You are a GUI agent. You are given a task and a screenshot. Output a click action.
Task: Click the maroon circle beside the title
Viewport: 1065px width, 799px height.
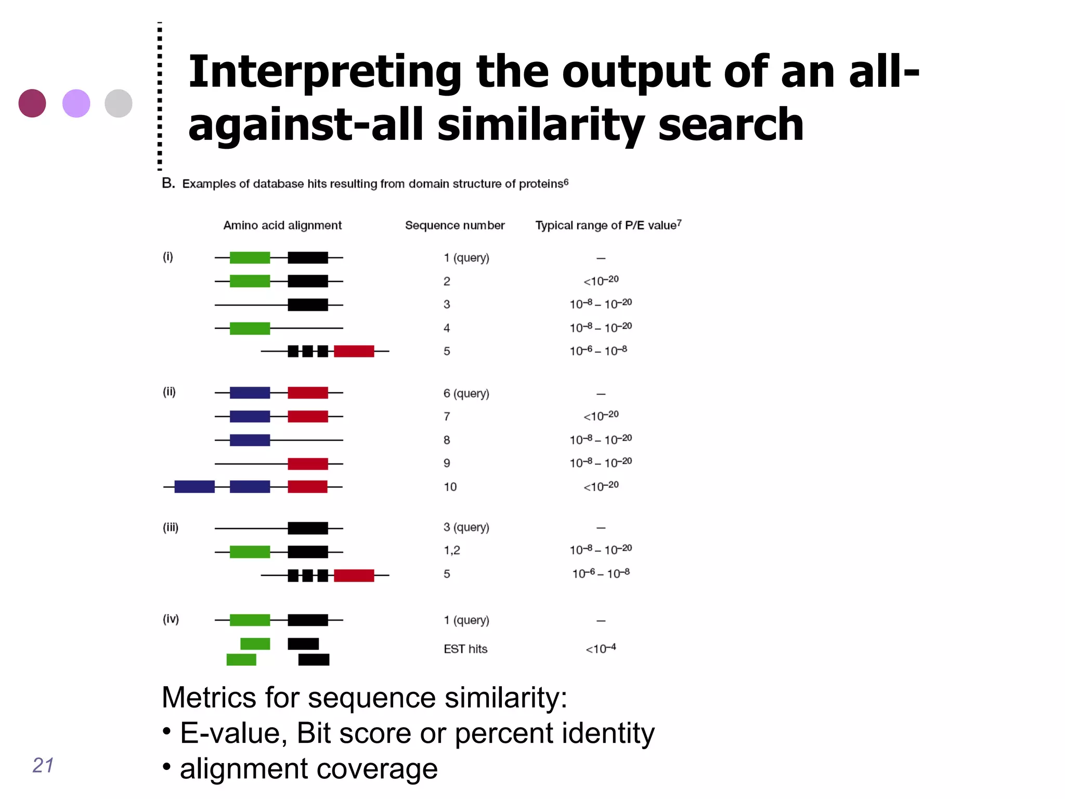[32, 103]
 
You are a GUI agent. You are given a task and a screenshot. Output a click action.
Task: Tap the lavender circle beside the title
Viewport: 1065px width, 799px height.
[76, 103]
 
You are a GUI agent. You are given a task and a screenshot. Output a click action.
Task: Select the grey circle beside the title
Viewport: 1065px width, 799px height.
[119, 103]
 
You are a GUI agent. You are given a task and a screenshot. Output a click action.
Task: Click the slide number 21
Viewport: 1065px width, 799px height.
[43, 765]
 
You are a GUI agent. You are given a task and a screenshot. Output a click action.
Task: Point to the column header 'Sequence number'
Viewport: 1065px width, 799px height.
[454, 225]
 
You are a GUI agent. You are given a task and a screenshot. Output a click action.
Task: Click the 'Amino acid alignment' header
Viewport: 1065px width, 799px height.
[282, 225]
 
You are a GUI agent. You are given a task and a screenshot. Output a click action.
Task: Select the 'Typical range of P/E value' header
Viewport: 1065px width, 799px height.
[608, 225]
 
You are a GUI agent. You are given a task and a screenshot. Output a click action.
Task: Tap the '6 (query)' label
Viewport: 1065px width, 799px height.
[466, 393]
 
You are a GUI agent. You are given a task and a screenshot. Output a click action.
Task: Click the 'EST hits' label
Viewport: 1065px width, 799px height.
[465, 649]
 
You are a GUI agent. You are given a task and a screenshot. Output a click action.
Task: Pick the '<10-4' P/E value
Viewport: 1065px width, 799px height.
[601, 649]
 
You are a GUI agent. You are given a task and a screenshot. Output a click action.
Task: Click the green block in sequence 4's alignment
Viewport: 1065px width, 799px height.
[250, 328]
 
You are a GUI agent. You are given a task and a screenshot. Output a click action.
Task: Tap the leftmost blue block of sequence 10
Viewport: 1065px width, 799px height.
[194, 487]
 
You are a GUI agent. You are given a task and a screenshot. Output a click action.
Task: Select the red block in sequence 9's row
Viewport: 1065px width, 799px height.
[308, 463]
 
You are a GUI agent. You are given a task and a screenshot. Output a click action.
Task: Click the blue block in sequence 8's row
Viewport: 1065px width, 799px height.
[250, 440]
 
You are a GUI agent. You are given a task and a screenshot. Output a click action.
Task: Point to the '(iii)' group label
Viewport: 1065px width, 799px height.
[171, 527]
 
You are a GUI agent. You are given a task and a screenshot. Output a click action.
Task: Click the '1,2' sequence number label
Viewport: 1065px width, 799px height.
[452, 550]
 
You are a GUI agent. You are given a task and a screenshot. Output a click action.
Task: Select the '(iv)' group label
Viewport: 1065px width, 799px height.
[171, 619]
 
